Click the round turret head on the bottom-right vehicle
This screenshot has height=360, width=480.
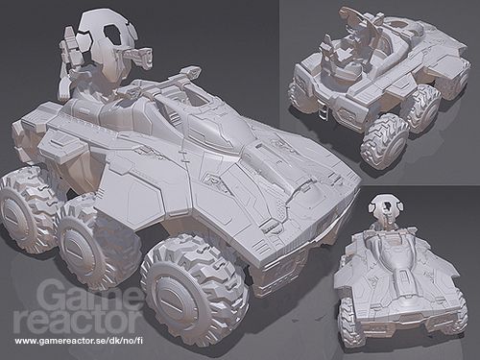tap(384, 210)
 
